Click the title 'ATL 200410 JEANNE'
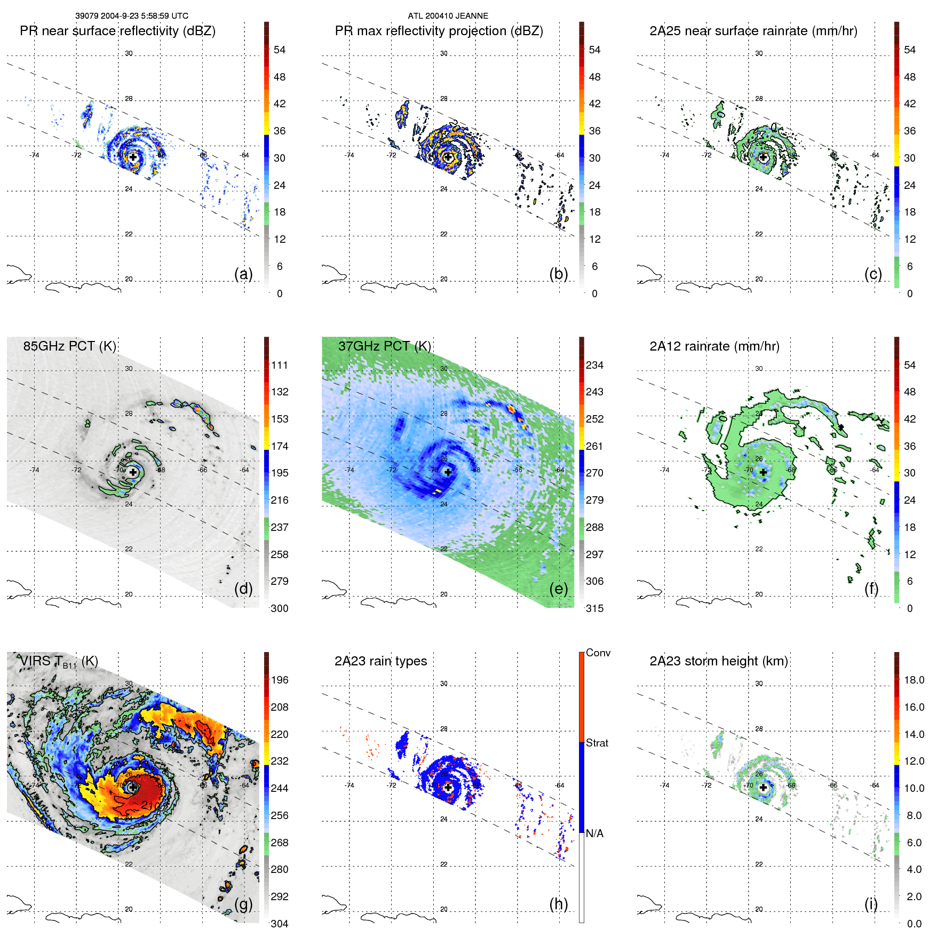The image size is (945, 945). coord(448,16)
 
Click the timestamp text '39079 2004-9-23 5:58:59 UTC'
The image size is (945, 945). coord(132,16)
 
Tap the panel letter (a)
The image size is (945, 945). coord(243,274)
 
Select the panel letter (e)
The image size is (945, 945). coord(558,589)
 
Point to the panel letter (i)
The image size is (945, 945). coord(871,904)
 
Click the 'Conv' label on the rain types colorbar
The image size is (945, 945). coord(598,653)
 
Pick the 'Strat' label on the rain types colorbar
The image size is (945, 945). coord(597,743)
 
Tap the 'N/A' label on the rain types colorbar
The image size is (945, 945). coord(594,833)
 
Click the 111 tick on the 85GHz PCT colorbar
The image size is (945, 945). coord(280,365)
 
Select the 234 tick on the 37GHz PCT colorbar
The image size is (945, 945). coord(594,365)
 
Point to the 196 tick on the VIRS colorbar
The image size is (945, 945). coord(280,680)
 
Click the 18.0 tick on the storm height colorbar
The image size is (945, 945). coord(914,680)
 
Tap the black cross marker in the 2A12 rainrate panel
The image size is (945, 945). coord(763,472)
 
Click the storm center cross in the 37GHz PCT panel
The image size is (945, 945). coord(448,472)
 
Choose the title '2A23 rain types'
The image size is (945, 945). coord(380,661)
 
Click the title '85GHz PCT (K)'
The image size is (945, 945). coord(69,346)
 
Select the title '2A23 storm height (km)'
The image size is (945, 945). coord(718,661)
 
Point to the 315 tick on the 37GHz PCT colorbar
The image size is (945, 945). coord(594,608)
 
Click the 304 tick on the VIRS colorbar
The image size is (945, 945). coord(280,924)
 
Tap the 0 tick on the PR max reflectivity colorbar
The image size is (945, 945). coord(594,293)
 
